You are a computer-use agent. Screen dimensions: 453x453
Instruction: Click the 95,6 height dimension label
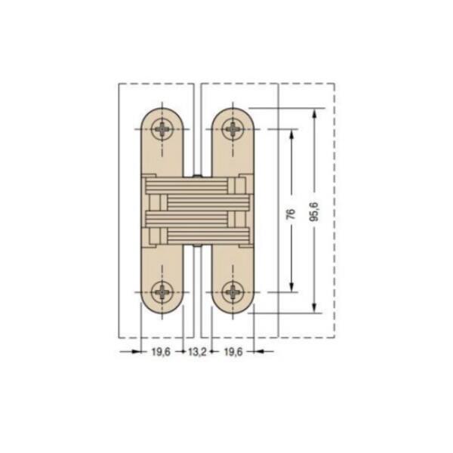pyautogui.click(x=314, y=211)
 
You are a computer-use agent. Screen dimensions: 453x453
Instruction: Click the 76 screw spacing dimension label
pyautogui.click(x=291, y=214)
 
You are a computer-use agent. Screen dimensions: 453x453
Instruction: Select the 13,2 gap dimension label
pyautogui.click(x=197, y=352)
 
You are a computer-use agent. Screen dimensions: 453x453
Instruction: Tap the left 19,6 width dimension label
pyautogui.click(x=161, y=352)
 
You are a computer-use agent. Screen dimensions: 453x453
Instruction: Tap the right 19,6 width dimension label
pyautogui.click(x=233, y=352)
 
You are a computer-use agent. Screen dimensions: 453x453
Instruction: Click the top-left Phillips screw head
pyautogui.click(x=162, y=129)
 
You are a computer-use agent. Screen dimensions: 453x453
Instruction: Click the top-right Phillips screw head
pyautogui.click(x=233, y=129)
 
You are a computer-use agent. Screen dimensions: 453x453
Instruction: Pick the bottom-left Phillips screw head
pyautogui.click(x=162, y=292)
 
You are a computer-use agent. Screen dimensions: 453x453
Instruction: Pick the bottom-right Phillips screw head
pyautogui.click(x=233, y=292)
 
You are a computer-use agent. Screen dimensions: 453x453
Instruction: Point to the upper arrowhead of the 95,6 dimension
pyautogui.click(x=315, y=113)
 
